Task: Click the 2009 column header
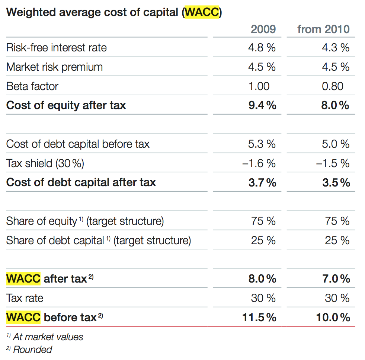[x=263, y=29]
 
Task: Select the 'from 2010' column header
[x=323, y=29]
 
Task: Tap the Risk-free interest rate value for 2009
[x=262, y=48]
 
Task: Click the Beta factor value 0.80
[x=332, y=86]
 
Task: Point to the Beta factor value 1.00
[x=259, y=86]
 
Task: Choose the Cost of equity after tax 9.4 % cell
[x=262, y=105]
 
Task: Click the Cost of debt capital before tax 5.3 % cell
[x=262, y=144]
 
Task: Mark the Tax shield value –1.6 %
[x=259, y=163]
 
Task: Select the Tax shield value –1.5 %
[x=333, y=163]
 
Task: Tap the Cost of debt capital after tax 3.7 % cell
[x=262, y=182]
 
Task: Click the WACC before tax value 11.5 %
[x=259, y=317]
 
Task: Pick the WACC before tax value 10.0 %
[x=333, y=317]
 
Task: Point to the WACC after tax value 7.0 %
[x=336, y=278]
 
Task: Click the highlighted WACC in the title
[x=202, y=12]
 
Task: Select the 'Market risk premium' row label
[x=54, y=67]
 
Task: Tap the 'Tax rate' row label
[x=25, y=298]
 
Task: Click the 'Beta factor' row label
[x=32, y=86]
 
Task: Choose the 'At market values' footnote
[x=48, y=337]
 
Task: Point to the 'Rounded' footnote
[x=32, y=350]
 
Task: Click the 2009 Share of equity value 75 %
[x=263, y=221]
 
